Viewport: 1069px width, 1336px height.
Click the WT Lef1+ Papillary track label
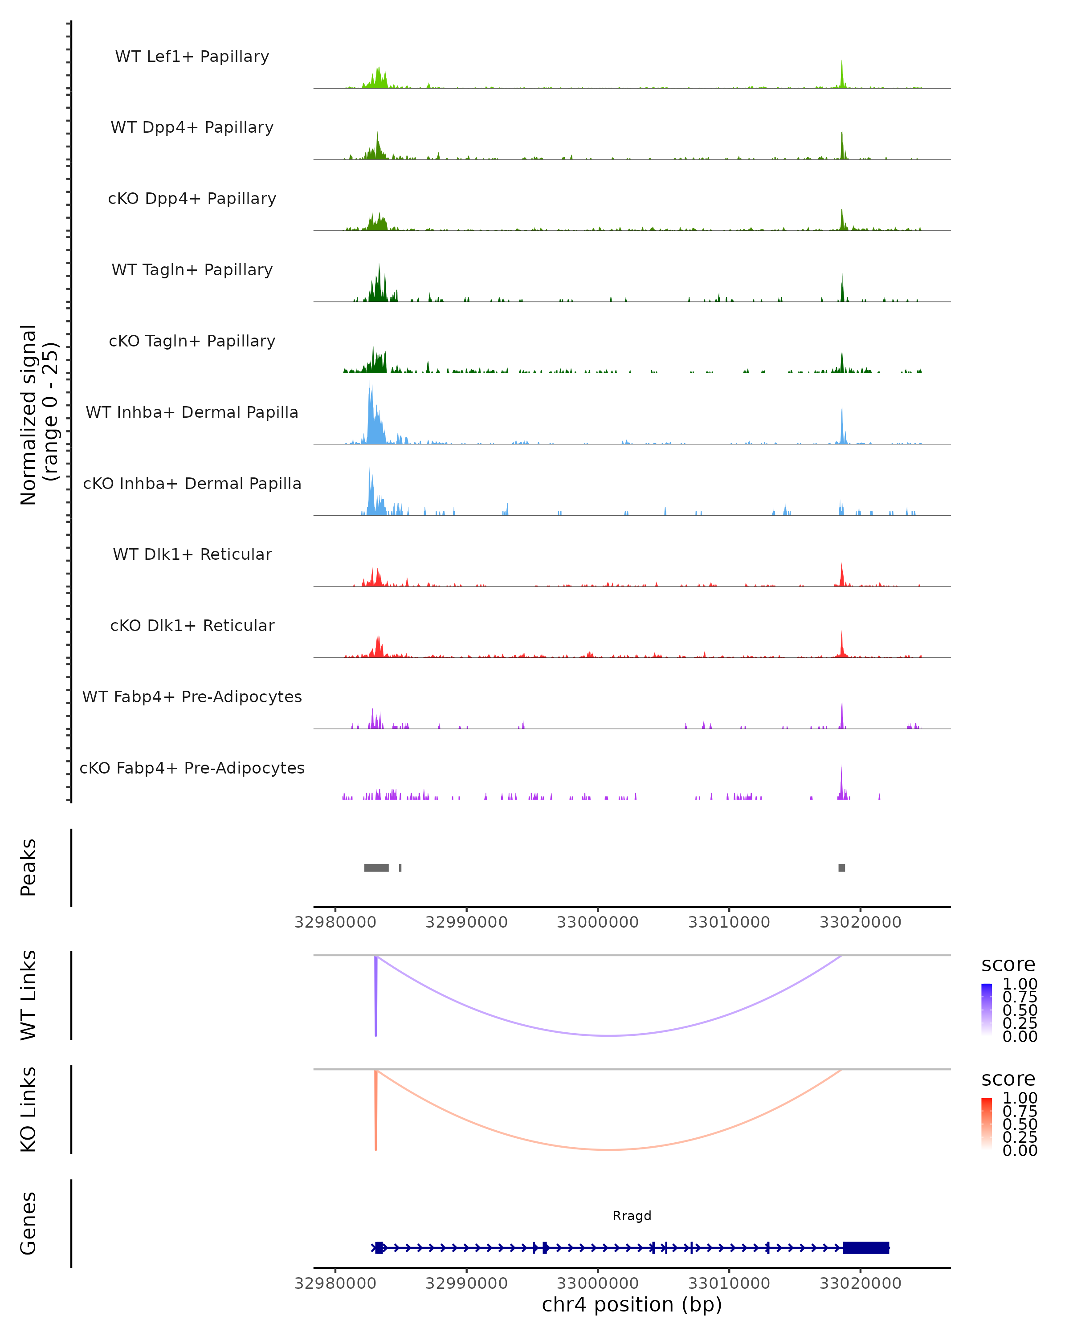coord(192,57)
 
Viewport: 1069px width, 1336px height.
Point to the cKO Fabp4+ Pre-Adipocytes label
coord(192,768)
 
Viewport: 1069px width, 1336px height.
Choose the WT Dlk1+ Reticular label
coord(192,554)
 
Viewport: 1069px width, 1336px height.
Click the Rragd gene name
coord(632,1215)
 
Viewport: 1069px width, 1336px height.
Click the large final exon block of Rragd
coord(866,1247)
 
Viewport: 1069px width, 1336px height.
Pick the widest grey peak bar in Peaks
coord(376,868)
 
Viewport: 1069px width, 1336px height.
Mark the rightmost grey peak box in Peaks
coord(841,868)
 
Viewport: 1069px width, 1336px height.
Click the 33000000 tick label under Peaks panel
coord(597,922)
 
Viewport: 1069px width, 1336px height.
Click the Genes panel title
coord(29,1223)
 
